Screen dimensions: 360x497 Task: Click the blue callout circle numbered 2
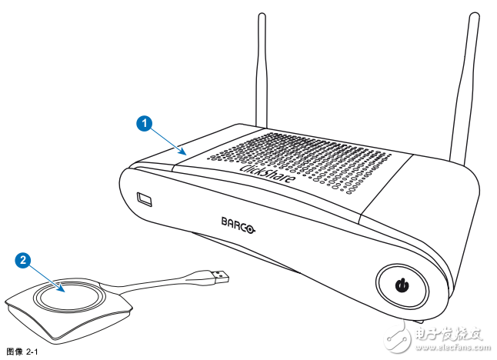click(25, 261)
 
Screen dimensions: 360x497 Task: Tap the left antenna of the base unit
click(262, 69)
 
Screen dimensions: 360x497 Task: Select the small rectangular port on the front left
click(144, 199)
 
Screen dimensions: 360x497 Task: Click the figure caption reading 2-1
click(21, 352)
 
